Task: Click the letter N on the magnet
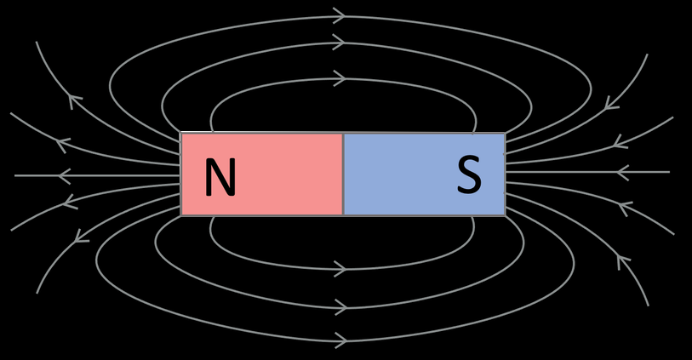point(220,179)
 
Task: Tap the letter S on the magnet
point(469,176)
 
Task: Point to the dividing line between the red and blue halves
point(343,174)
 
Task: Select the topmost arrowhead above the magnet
point(339,16)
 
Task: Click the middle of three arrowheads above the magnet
point(339,43)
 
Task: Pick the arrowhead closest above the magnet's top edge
point(339,79)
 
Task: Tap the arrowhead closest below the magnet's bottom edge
point(339,269)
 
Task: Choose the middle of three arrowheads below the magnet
point(339,306)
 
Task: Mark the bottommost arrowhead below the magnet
point(339,340)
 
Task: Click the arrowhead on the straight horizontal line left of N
point(64,176)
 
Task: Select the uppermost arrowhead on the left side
point(75,102)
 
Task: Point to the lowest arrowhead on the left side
point(82,236)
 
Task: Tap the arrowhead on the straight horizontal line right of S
point(622,173)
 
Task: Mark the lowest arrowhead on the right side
point(622,261)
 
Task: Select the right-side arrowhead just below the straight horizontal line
point(625,207)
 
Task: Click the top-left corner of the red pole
point(181,134)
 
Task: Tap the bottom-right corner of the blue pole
point(505,215)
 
